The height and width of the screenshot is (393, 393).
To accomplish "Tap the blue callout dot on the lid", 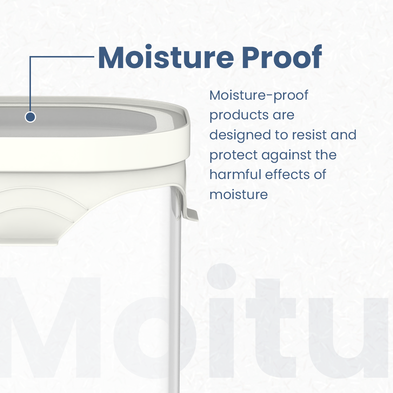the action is (x=30, y=117).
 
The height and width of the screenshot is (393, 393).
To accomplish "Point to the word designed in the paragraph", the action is (x=239, y=135).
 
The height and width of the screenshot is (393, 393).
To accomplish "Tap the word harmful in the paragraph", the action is (x=235, y=174).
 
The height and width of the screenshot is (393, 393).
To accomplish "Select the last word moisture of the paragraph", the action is (x=239, y=194).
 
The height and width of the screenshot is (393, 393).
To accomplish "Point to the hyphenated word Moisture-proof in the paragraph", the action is (x=259, y=96).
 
